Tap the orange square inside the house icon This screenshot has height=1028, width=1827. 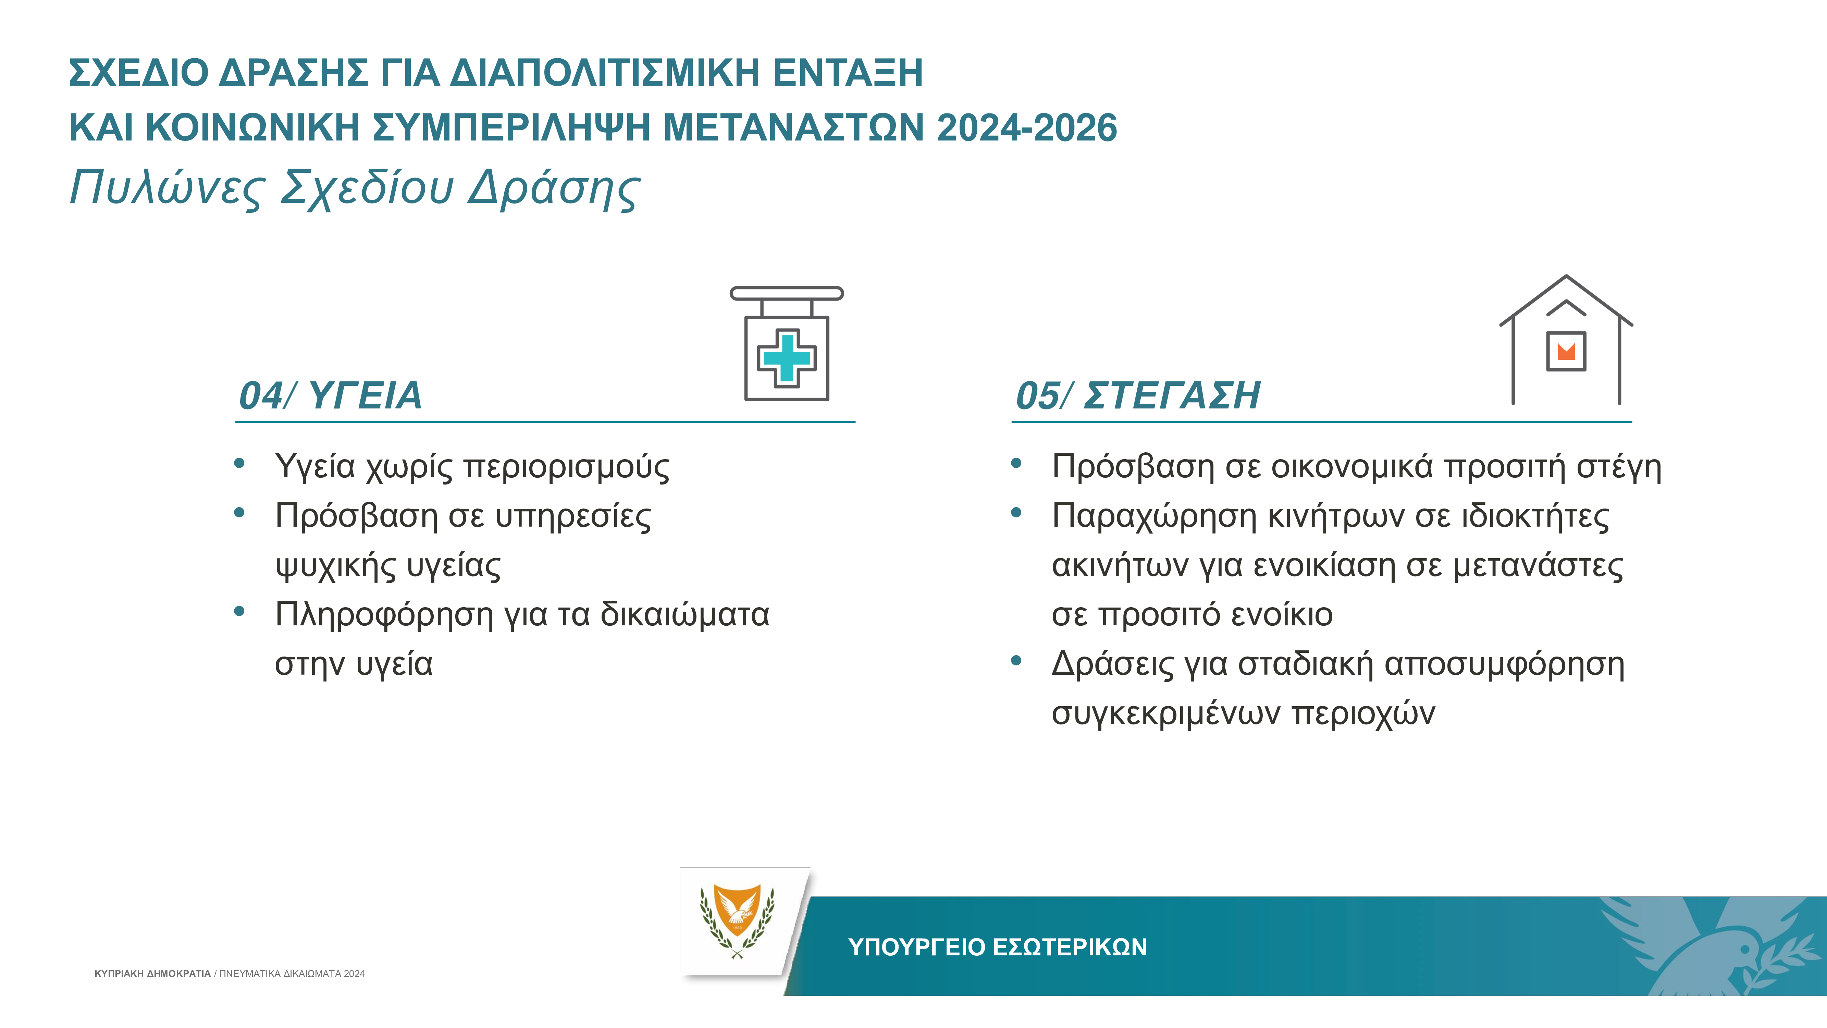(1566, 351)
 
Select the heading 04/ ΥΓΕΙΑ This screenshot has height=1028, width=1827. (331, 395)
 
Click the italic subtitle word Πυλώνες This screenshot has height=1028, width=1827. (168, 188)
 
